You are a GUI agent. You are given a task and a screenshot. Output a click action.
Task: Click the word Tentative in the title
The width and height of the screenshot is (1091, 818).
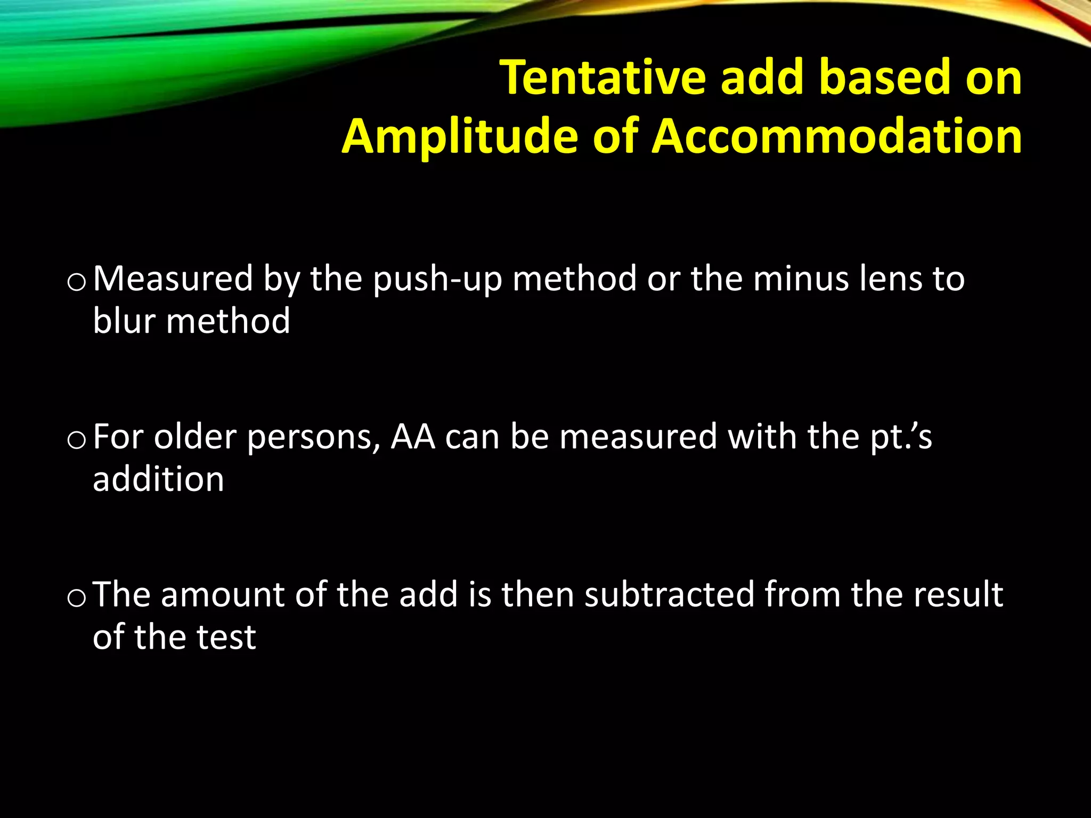(x=603, y=78)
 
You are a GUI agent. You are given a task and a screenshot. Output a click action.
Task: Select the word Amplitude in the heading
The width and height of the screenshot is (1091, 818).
(x=459, y=137)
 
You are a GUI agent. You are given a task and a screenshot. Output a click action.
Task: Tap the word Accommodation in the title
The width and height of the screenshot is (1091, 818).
(x=837, y=137)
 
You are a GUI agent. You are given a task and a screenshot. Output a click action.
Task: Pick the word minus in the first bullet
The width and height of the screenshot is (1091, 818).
(x=801, y=279)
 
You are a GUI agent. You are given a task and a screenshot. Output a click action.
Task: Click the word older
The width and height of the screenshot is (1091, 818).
(x=195, y=437)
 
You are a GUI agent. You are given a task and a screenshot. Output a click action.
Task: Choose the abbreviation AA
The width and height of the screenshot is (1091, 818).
(x=413, y=437)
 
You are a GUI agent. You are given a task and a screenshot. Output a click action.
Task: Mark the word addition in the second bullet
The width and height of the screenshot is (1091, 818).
(x=158, y=479)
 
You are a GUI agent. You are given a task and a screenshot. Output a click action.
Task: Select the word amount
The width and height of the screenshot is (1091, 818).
(x=223, y=595)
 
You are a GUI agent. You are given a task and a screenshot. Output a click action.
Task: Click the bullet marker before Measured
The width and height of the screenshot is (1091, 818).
(x=77, y=282)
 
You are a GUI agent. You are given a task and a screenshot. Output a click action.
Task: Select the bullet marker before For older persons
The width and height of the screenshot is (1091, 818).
(x=77, y=440)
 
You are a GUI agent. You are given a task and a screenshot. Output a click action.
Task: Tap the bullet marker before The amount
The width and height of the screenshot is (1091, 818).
(x=77, y=598)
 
